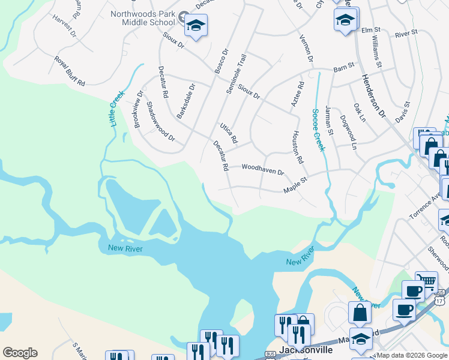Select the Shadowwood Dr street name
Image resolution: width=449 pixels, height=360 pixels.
(160, 122)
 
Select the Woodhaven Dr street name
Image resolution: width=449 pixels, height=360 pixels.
(262, 170)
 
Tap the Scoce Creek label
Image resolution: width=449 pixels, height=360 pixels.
(318, 130)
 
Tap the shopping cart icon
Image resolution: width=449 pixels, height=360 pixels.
(427, 281)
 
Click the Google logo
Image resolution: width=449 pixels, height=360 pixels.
(20, 353)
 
